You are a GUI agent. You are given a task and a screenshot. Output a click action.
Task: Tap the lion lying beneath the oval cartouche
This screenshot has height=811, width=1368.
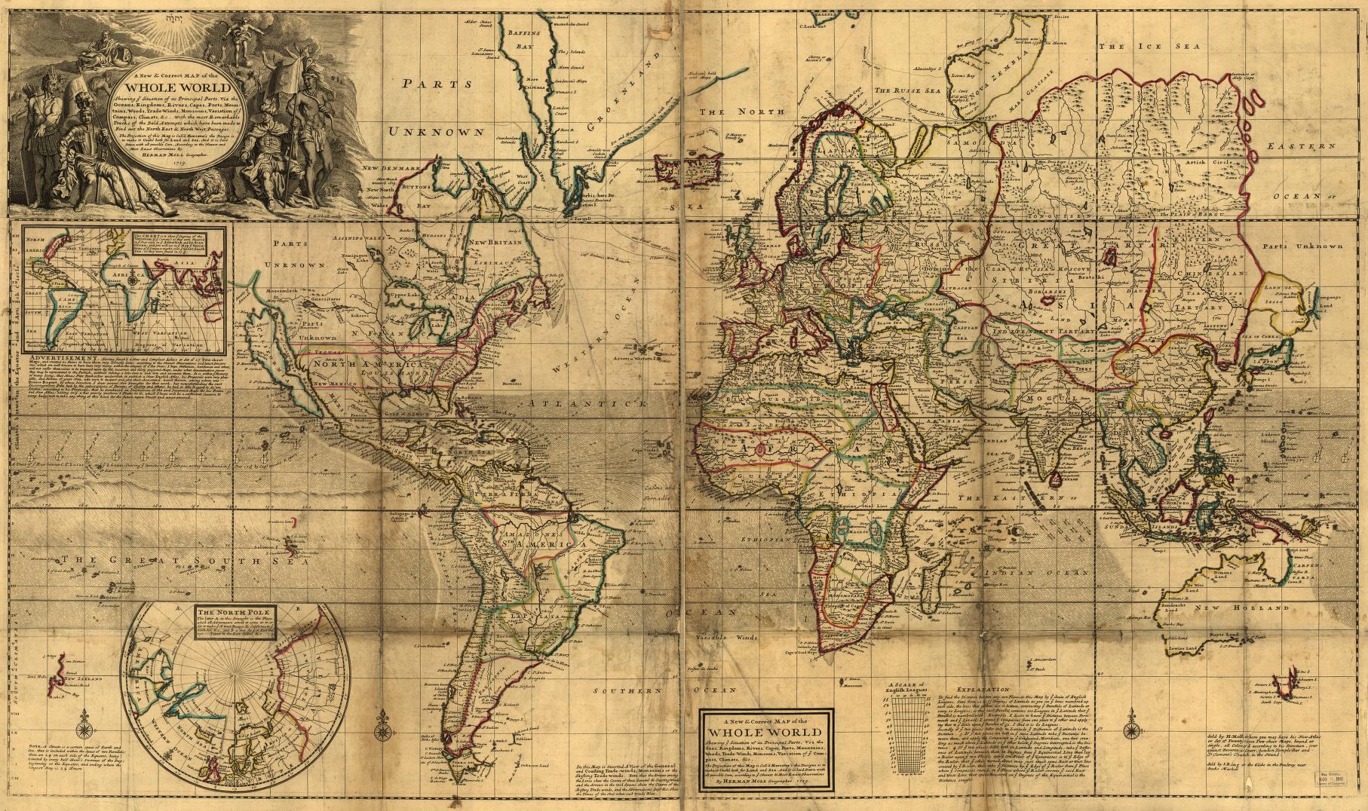(202, 185)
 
